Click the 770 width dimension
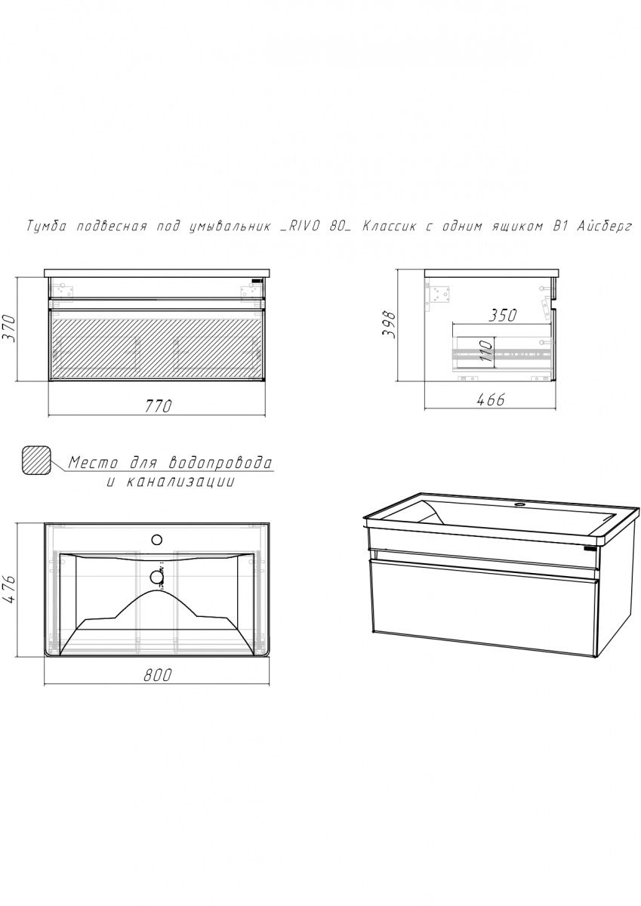click(x=160, y=405)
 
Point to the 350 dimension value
click(x=502, y=316)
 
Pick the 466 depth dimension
click(x=491, y=400)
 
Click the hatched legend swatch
click(x=37, y=461)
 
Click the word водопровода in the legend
click(x=220, y=462)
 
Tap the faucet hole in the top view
click(x=156, y=540)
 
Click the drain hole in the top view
click(x=156, y=578)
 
